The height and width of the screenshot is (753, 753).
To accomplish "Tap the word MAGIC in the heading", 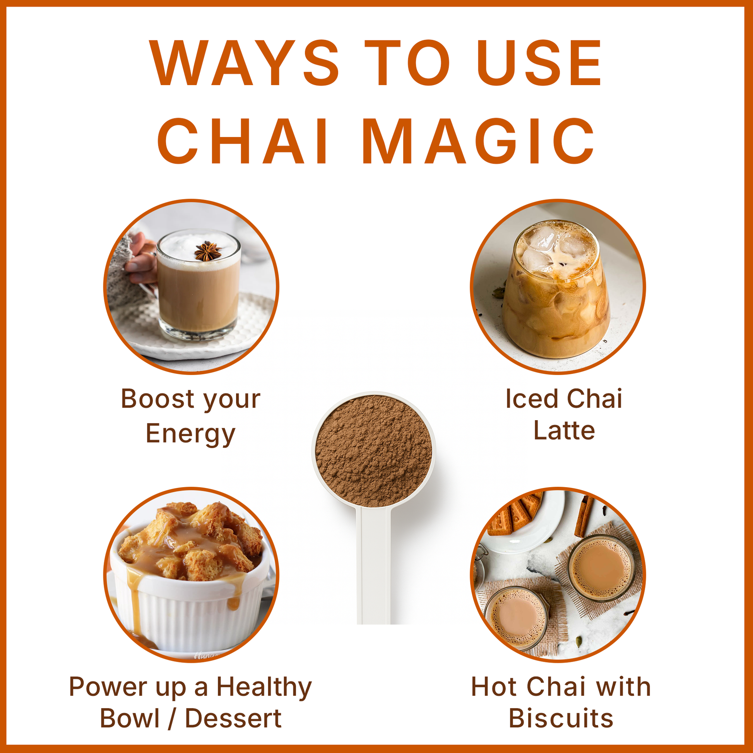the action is pyautogui.click(x=479, y=141).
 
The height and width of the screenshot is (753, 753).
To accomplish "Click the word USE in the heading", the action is pyautogui.click(x=539, y=63).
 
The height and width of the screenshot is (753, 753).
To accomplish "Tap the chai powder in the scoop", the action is pyautogui.click(x=373, y=450).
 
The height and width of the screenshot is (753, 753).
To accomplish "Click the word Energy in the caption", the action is pyautogui.click(x=191, y=434).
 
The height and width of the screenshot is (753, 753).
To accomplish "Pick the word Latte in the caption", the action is pyautogui.click(x=564, y=431).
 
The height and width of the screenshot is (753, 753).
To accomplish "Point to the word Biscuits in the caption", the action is pyautogui.click(x=561, y=718).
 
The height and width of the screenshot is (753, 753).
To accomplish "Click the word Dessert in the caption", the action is pyautogui.click(x=233, y=718).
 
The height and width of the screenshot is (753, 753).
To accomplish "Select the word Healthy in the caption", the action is pyautogui.click(x=264, y=688).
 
